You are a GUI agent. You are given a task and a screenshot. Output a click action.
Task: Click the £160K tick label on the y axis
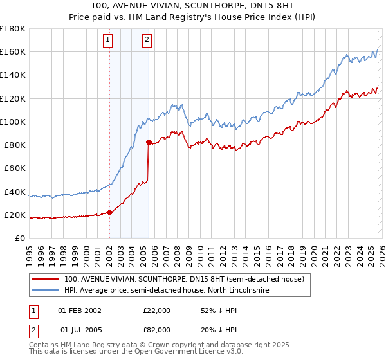[x=13, y=51]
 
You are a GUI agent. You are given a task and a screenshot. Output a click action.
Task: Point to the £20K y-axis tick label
[x=15, y=215]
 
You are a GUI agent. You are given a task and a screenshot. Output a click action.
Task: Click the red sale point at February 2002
[x=109, y=212]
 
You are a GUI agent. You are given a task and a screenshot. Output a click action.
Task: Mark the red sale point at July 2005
[x=149, y=142]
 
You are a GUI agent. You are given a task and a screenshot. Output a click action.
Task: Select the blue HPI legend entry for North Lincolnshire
[x=166, y=291]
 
